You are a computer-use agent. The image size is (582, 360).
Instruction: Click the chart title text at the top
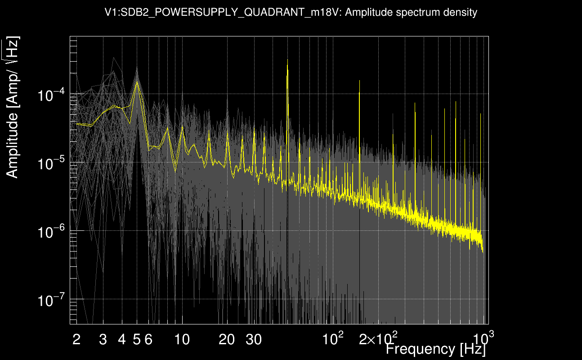[x=291, y=13]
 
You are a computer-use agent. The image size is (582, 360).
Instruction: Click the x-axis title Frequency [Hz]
[x=436, y=349]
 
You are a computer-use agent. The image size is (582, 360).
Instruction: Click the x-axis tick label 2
[x=76, y=340]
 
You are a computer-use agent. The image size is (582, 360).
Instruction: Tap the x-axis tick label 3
[x=103, y=340]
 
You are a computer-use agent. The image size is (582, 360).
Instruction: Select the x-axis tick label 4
[x=122, y=340]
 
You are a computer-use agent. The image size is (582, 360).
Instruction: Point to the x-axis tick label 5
[x=137, y=340]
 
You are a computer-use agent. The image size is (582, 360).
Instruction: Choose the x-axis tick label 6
[x=148, y=340]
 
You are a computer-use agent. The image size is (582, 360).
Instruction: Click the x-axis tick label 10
[x=182, y=340]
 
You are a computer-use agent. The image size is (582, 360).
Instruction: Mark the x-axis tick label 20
[x=227, y=340]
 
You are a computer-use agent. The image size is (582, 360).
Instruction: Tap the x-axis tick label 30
[x=254, y=340]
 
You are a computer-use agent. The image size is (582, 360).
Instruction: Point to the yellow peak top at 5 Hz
[x=137, y=81]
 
